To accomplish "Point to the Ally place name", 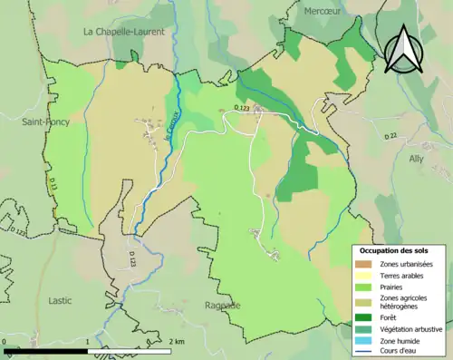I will (x=416, y=158).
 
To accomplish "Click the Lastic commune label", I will (x=60, y=298).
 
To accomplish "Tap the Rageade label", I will (x=223, y=306).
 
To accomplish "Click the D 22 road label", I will (x=390, y=136).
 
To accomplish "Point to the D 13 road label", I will (x=53, y=185).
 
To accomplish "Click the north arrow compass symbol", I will (x=402, y=48).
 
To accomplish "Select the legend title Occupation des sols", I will (x=400, y=249).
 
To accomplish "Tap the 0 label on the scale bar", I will (x=5, y=342).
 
